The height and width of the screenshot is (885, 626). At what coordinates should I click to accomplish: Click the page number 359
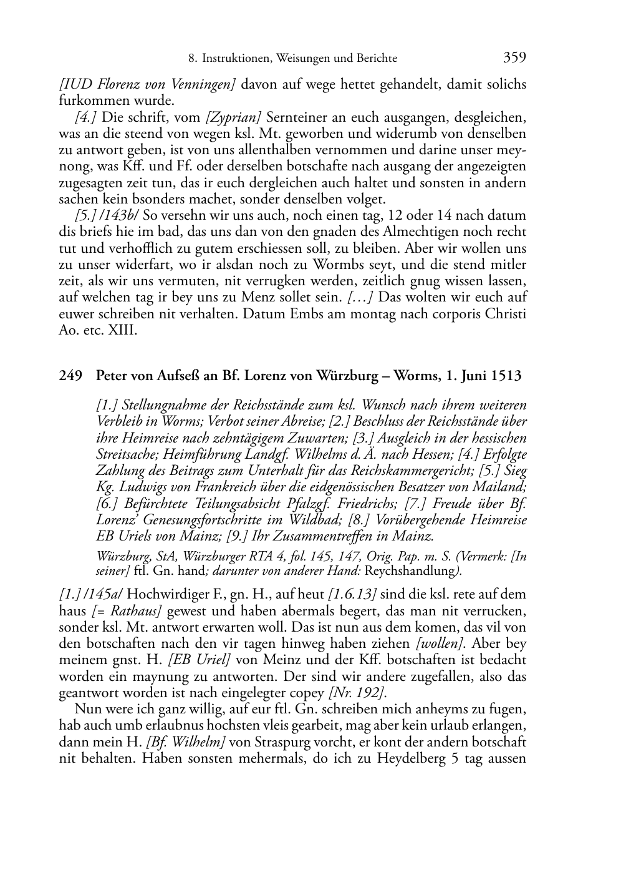514,57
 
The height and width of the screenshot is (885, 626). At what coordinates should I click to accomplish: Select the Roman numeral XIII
121,330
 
